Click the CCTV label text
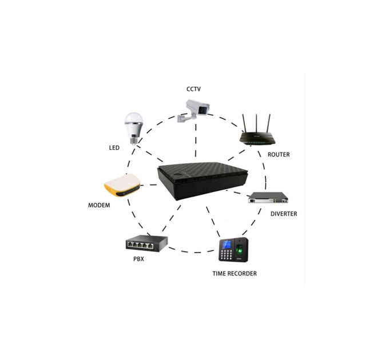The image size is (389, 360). pyautogui.click(x=193, y=89)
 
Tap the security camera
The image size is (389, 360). pyautogui.click(x=194, y=110)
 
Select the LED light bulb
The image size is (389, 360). pyautogui.click(x=134, y=129)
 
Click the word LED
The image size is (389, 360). pyautogui.click(x=114, y=147)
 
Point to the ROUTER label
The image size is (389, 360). pyautogui.click(x=279, y=155)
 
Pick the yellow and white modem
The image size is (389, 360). pyautogui.click(x=122, y=185)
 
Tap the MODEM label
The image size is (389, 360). pyautogui.click(x=99, y=205)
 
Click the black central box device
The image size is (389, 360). pyautogui.click(x=202, y=181)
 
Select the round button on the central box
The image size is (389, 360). pyautogui.click(x=177, y=174)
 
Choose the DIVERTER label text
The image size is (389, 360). pyautogui.click(x=284, y=214)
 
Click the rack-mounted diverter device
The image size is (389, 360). pyautogui.click(x=268, y=198)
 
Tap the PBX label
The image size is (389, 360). pyautogui.click(x=138, y=259)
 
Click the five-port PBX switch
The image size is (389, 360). pyautogui.click(x=146, y=243)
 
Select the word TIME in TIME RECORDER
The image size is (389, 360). pyautogui.click(x=219, y=274)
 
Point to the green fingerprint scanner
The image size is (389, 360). pyautogui.click(x=240, y=249)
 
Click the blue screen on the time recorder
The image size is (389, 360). pyautogui.click(x=227, y=245)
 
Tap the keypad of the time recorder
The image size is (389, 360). pyautogui.click(x=227, y=254)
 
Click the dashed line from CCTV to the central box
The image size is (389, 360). pyautogui.click(x=196, y=140)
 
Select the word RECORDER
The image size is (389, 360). pyautogui.click(x=242, y=274)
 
